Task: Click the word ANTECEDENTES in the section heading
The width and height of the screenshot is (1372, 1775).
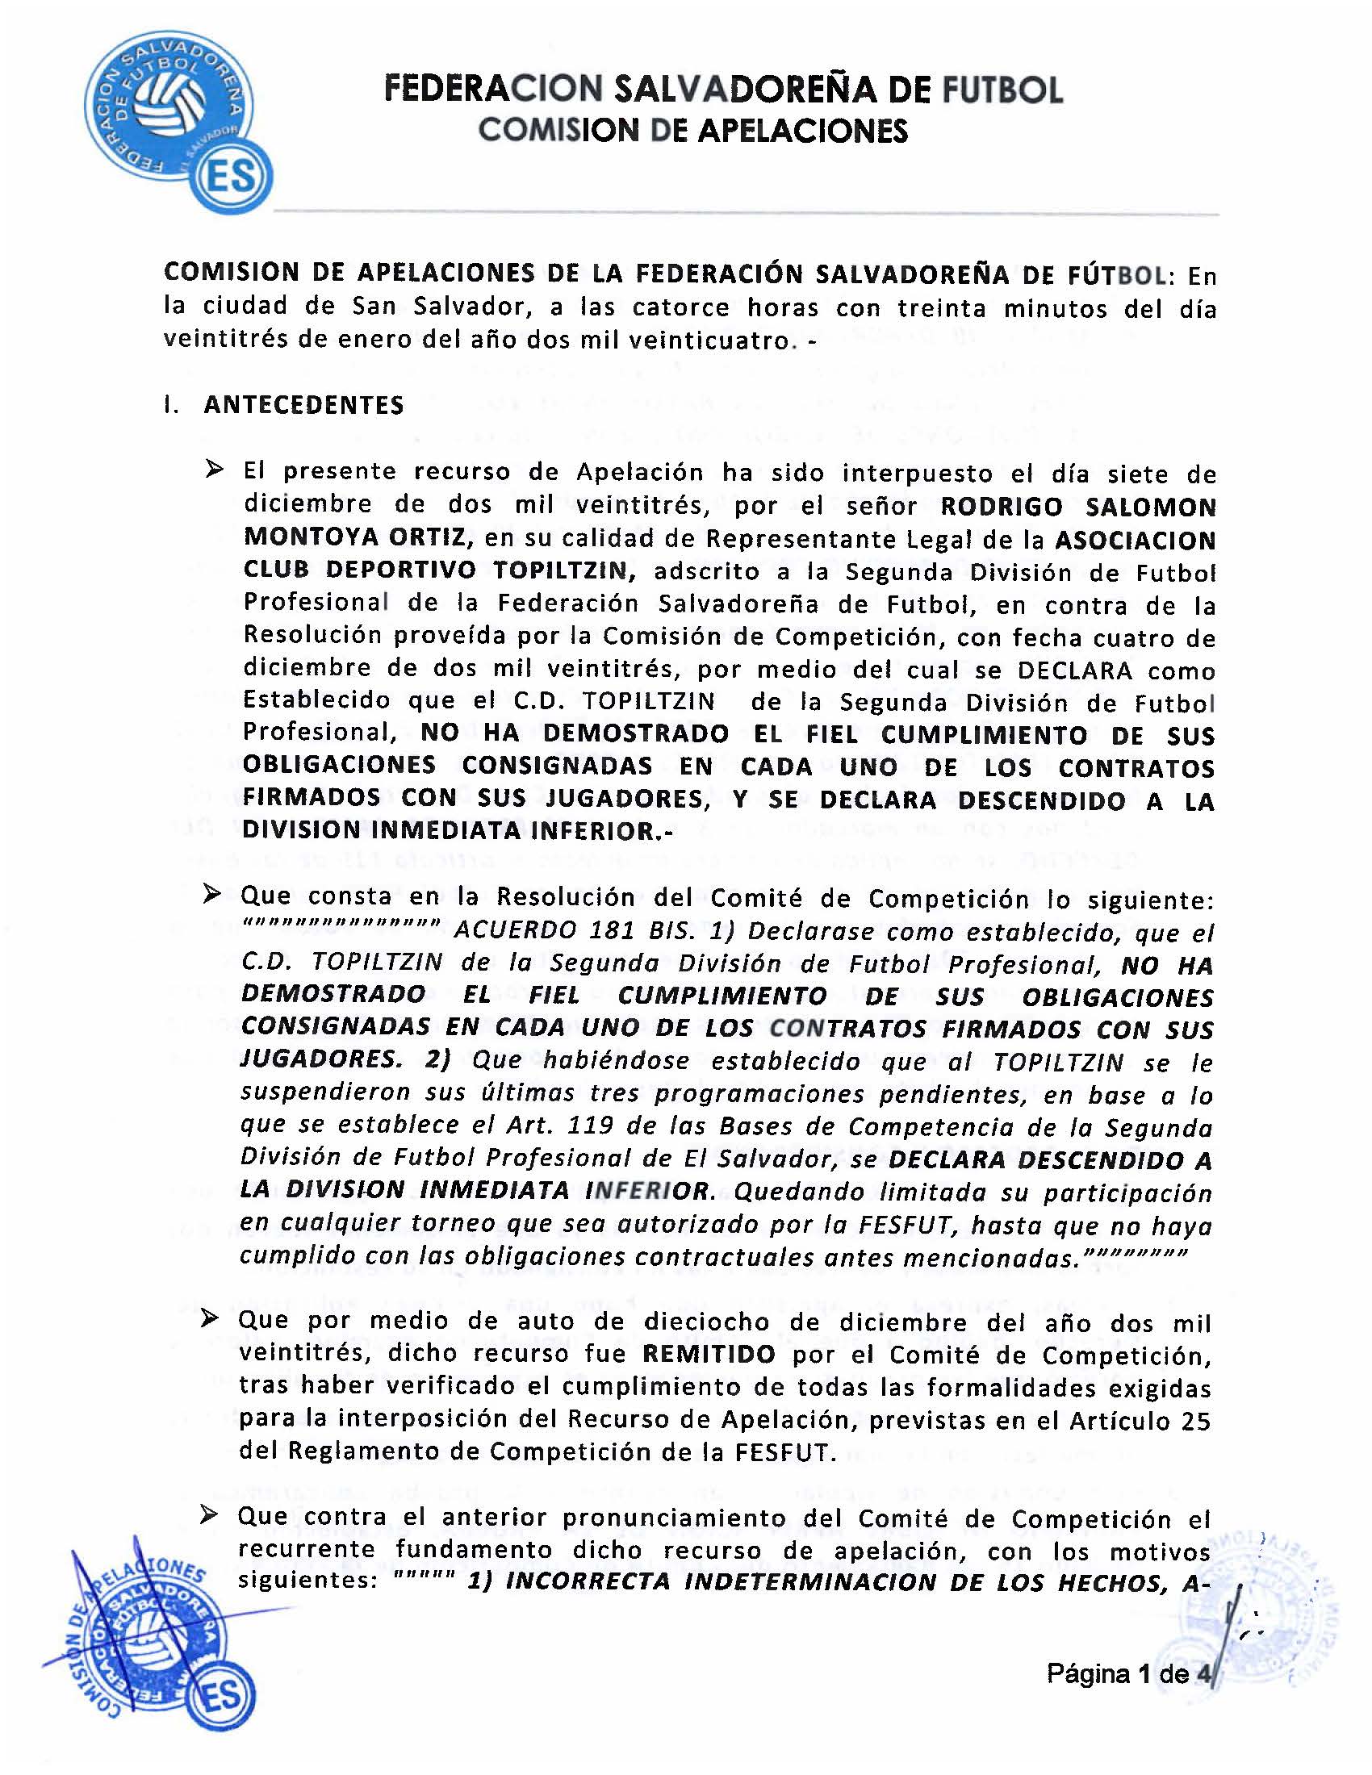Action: tap(303, 406)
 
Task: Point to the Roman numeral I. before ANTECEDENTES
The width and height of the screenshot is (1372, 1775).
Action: tap(169, 406)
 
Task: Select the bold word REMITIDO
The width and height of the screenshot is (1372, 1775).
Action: tap(708, 1355)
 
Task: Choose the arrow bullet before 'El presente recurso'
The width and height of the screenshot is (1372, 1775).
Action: tap(215, 470)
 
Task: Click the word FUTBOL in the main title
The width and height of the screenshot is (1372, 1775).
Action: tap(1002, 90)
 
